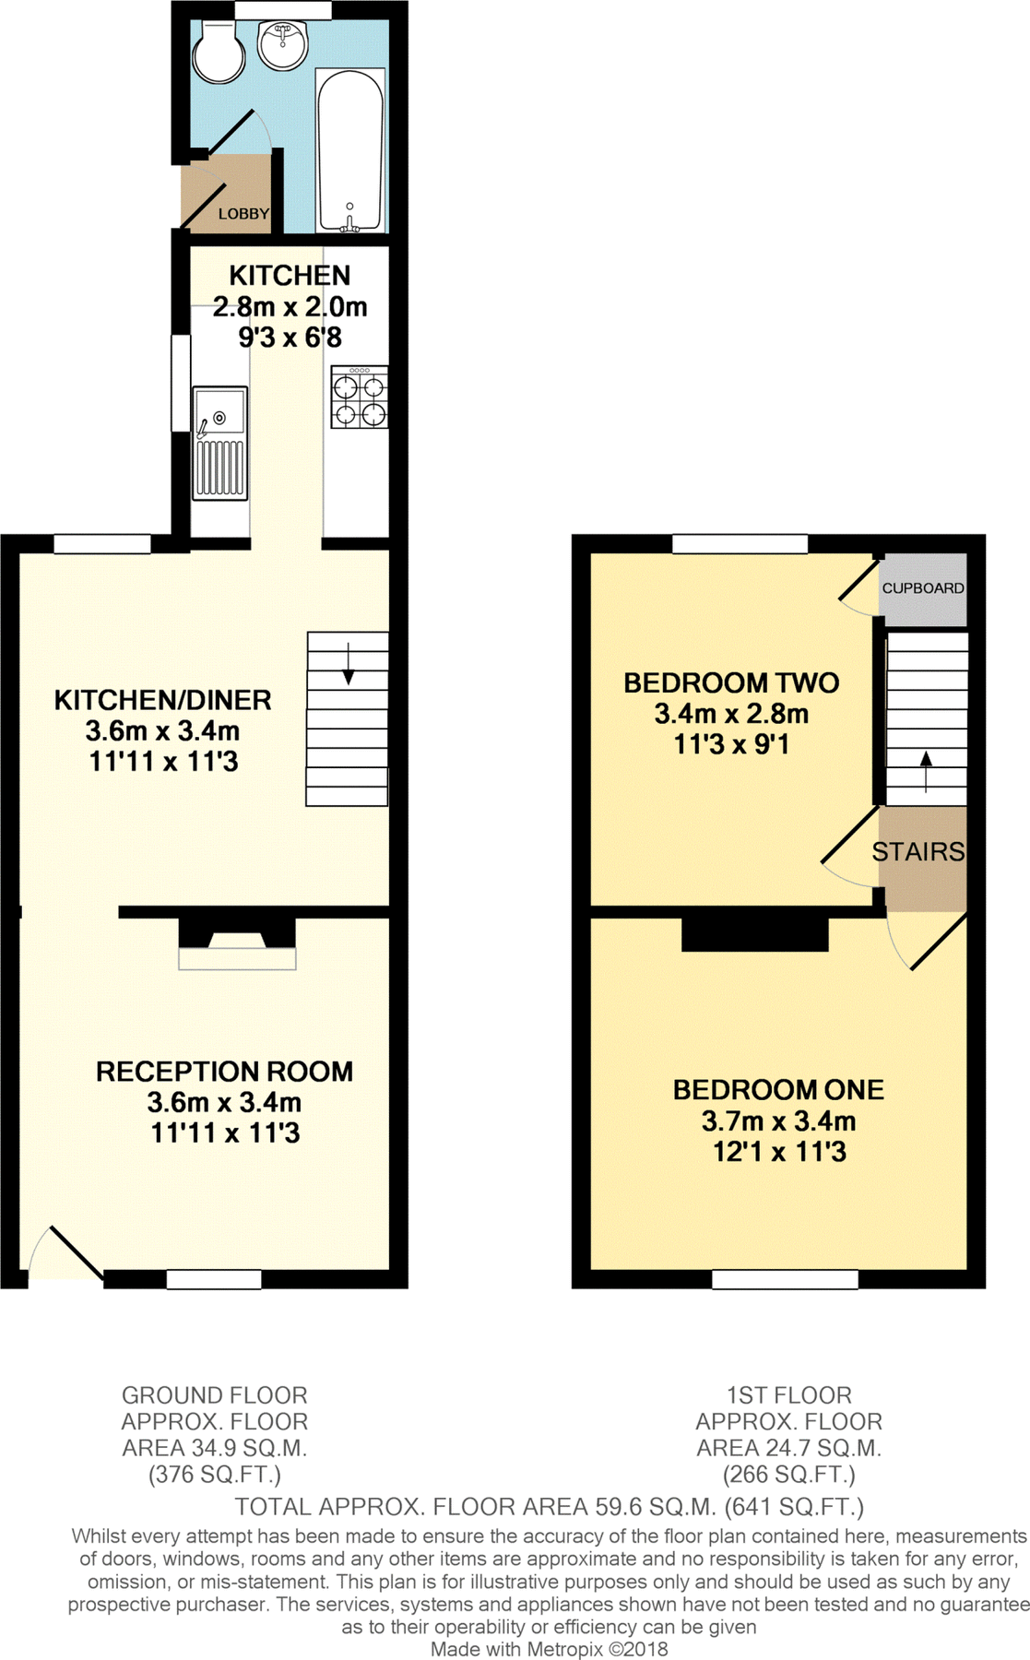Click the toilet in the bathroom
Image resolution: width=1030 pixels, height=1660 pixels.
(x=219, y=53)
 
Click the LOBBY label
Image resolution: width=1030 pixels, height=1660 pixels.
(x=243, y=214)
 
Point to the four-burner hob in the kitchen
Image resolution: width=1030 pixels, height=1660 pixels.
(x=360, y=397)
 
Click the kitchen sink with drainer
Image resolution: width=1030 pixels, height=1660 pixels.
(x=220, y=444)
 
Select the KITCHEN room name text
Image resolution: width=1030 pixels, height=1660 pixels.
(x=290, y=275)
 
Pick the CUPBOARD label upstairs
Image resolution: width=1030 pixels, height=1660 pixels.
(x=923, y=587)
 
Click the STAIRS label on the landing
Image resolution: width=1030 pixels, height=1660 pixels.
(x=918, y=851)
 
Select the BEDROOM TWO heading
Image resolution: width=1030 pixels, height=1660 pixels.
(x=731, y=682)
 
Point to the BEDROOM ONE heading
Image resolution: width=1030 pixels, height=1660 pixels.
(x=778, y=1090)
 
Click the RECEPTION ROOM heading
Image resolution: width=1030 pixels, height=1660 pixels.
(x=225, y=1072)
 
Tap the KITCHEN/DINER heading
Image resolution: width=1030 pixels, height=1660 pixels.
(x=163, y=700)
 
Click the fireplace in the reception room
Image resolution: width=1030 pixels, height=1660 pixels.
(x=237, y=943)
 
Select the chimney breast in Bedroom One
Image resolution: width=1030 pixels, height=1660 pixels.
(x=755, y=934)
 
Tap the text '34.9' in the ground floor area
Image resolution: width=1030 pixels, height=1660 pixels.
(x=216, y=1448)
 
